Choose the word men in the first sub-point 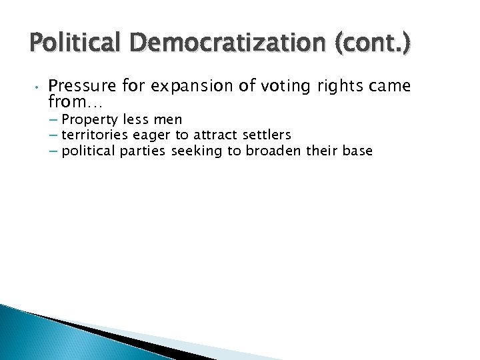coord(168,119)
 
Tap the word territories coord(93,135)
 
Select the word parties coord(143,151)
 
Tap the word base coord(357,151)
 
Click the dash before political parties coord(54,151)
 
